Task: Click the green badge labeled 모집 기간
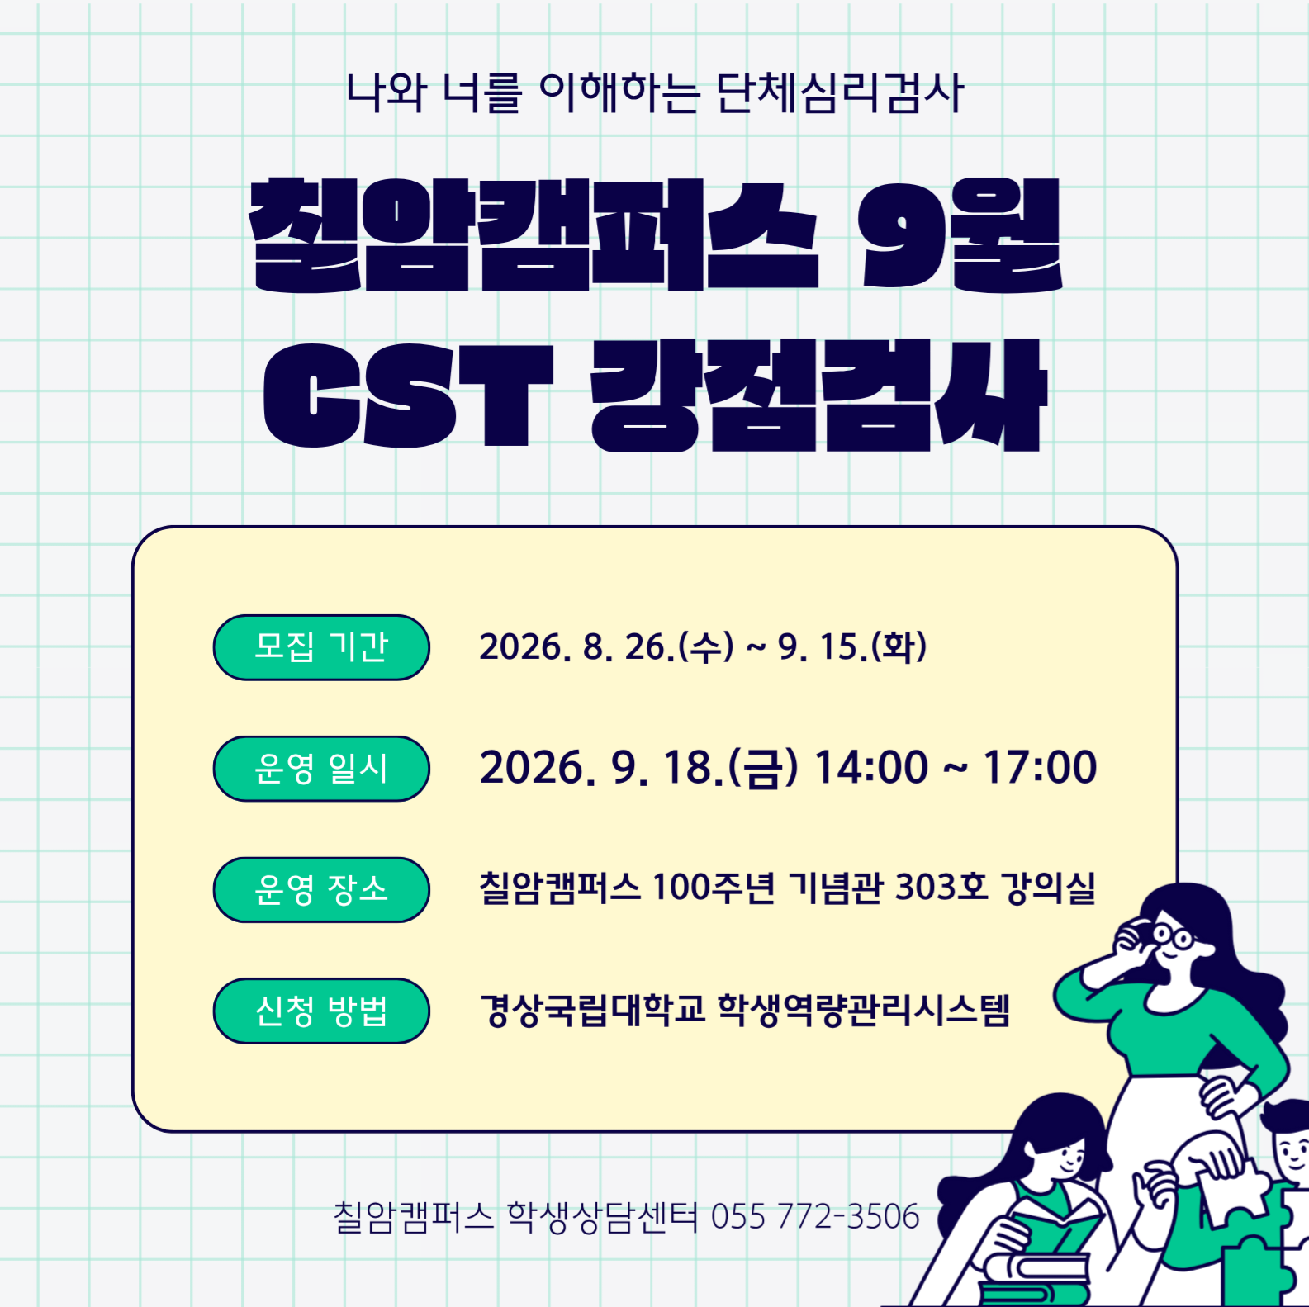click(x=321, y=647)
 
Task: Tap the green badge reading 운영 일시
click(x=321, y=769)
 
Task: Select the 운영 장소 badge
click(x=321, y=889)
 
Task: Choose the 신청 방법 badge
click(x=321, y=1011)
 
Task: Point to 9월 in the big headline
click(x=960, y=235)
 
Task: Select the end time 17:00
click(x=1040, y=768)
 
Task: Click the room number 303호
click(x=941, y=888)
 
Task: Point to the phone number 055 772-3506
click(x=815, y=1216)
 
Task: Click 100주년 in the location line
click(x=714, y=888)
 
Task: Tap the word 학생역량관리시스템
click(x=864, y=1010)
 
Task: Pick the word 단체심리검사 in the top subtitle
click(x=840, y=92)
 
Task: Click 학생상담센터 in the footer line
click(x=602, y=1216)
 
